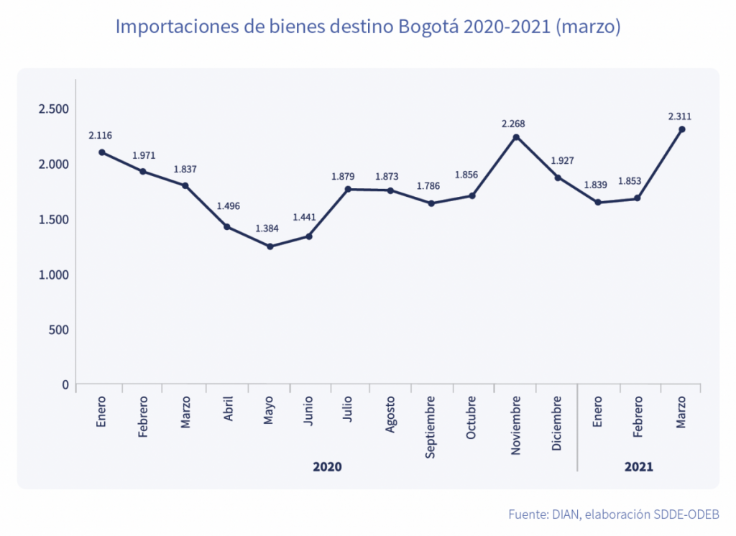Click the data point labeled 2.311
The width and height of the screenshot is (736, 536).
[x=682, y=129]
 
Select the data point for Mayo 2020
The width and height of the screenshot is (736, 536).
[x=270, y=246]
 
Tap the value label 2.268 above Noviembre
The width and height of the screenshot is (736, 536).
[x=515, y=124]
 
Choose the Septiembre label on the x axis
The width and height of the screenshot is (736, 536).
[x=431, y=428]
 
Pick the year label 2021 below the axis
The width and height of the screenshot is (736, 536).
[x=638, y=467]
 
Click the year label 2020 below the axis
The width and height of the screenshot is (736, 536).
[x=327, y=467]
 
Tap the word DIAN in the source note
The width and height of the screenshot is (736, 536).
[x=566, y=514]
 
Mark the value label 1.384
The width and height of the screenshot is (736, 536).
[x=267, y=229]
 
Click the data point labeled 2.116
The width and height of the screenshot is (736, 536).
[x=102, y=152]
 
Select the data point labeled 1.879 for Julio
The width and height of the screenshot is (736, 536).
[x=349, y=189]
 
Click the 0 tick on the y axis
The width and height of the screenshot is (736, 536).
[x=65, y=384]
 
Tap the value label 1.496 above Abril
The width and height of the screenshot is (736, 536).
[x=228, y=206]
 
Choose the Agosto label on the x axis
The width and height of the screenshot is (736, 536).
[x=390, y=415]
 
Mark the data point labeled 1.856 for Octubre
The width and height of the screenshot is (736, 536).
[x=472, y=195]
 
